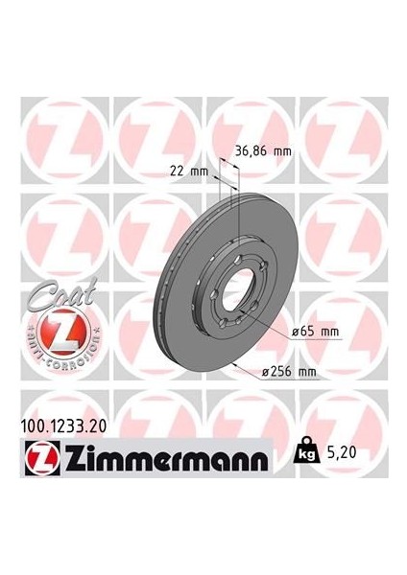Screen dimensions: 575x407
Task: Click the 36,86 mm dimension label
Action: pyautogui.click(x=263, y=150)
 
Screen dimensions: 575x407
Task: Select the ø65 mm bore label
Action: pyautogui.click(x=316, y=331)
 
